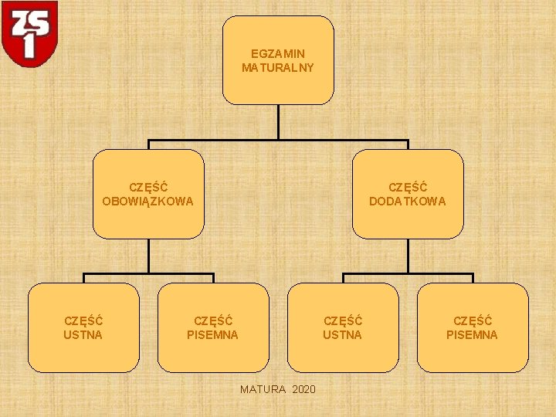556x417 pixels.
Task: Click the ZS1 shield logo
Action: point(29,33)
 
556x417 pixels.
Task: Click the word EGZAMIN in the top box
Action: point(278,54)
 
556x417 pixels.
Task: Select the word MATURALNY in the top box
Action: point(278,68)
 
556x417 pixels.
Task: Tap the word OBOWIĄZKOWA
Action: point(148,202)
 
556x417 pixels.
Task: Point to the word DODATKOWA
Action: point(408,202)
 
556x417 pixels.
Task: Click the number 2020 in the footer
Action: point(304,388)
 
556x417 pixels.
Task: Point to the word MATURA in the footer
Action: point(263,388)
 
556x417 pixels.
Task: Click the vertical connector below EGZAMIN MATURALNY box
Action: point(278,121)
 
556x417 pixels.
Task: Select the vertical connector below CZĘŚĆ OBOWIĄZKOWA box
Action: point(148,256)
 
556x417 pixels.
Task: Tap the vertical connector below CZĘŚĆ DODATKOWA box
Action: point(408,256)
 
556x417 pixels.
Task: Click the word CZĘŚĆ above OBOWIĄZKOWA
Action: point(148,188)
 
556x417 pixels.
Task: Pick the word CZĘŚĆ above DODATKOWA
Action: point(408,188)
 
